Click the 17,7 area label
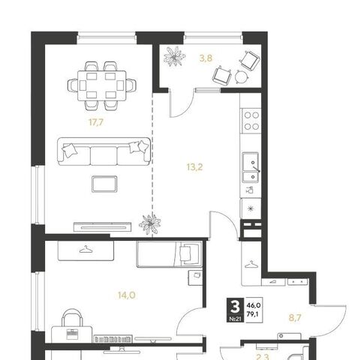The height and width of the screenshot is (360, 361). [x=96, y=122]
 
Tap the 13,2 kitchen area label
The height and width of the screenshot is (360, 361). [x=194, y=166]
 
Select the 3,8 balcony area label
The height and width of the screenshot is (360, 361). [x=206, y=58]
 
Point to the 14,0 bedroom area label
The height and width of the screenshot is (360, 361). [x=127, y=295]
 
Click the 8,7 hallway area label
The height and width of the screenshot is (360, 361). [x=295, y=318]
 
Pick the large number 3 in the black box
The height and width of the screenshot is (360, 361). [x=235, y=307]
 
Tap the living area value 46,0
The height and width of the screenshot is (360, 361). [x=254, y=305]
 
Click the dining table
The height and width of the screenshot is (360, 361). [x=102, y=85]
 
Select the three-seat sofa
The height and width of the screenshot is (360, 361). [x=104, y=151]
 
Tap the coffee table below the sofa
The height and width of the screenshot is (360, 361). [x=104, y=184]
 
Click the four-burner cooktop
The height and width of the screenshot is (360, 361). [x=251, y=121]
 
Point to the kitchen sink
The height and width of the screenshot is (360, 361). [x=251, y=167]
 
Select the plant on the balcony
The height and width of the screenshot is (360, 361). [x=175, y=56]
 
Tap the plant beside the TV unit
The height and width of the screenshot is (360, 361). [x=150, y=223]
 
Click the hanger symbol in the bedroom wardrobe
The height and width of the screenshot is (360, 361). [x=86, y=250]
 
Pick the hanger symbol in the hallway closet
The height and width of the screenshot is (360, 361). [x=251, y=265]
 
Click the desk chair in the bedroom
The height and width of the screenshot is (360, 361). [x=72, y=317]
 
